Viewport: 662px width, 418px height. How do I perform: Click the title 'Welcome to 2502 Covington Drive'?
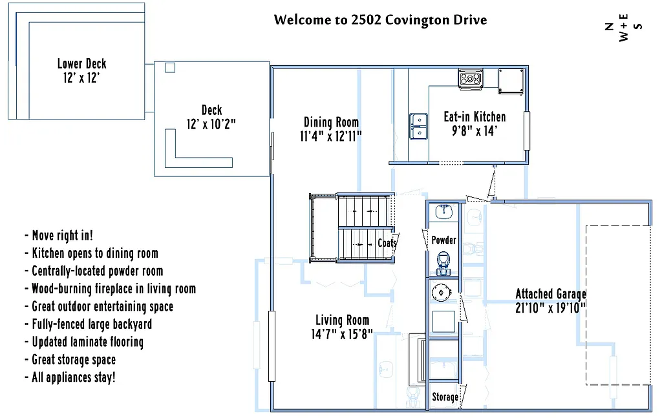pyautogui.click(x=380, y=19)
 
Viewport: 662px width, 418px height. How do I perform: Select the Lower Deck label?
pyautogui.click(x=81, y=63)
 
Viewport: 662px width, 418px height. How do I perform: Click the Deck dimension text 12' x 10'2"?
pyautogui.click(x=212, y=124)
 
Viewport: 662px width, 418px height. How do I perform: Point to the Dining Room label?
pyautogui.click(x=331, y=122)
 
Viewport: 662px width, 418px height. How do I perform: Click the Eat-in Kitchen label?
pyautogui.click(x=475, y=117)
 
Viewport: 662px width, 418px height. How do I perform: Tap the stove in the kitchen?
pyautogui.click(x=470, y=79)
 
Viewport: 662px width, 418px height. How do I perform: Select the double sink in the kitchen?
pyautogui.click(x=418, y=126)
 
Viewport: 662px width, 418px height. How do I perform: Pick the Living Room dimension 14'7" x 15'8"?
pyautogui.click(x=342, y=334)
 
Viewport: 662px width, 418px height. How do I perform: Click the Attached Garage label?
pyautogui.click(x=551, y=295)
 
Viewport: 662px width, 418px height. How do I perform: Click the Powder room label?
pyautogui.click(x=443, y=240)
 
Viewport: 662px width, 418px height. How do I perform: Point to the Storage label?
pyautogui.click(x=445, y=397)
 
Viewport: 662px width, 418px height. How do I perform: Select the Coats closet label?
pyautogui.click(x=387, y=244)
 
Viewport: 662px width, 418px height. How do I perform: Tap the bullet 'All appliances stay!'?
pyautogui.click(x=74, y=377)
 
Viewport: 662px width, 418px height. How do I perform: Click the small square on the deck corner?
pyautogui.click(x=170, y=67)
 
